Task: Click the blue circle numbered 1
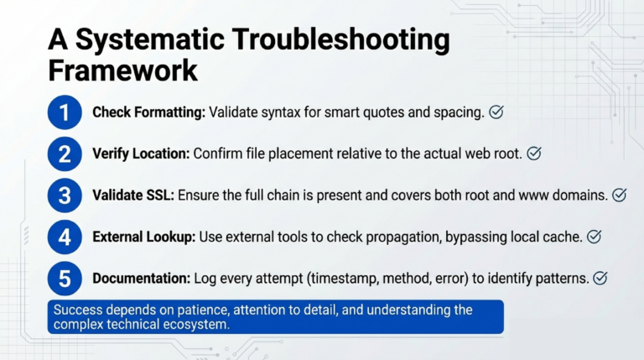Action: (x=65, y=112)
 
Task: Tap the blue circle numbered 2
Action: (x=65, y=154)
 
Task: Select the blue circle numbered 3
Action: (x=65, y=196)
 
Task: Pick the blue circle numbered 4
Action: (x=65, y=237)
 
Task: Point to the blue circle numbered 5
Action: (x=65, y=278)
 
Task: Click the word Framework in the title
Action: (x=122, y=70)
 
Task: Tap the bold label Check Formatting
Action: (x=148, y=112)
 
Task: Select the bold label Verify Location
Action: (x=141, y=154)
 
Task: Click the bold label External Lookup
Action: (x=143, y=237)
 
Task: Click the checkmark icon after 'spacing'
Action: (x=496, y=112)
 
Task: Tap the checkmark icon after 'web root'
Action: (x=533, y=154)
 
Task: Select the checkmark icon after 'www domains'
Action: (x=620, y=196)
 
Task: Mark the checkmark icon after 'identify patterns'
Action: (x=600, y=278)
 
